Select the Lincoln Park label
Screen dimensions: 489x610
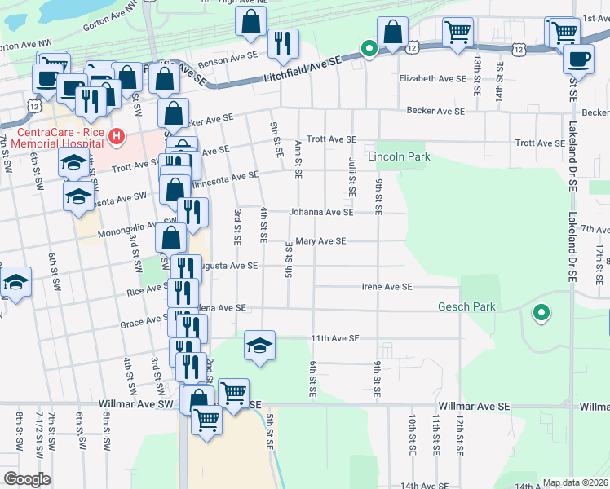(398, 156)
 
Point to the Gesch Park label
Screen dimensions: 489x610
(484, 307)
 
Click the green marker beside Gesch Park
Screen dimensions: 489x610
(540, 312)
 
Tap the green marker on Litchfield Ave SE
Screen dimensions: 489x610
(369, 50)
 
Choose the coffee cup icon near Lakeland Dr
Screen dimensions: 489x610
(579, 59)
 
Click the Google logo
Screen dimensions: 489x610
(27, 479)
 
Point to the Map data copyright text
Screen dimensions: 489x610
(576, 482)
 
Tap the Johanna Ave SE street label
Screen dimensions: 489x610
(324, 212)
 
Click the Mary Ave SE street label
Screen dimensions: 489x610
(320, 241)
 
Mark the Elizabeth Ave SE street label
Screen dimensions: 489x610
(432, 79)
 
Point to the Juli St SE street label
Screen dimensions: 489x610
(351, 178)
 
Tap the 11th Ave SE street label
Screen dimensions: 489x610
(333, 337)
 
